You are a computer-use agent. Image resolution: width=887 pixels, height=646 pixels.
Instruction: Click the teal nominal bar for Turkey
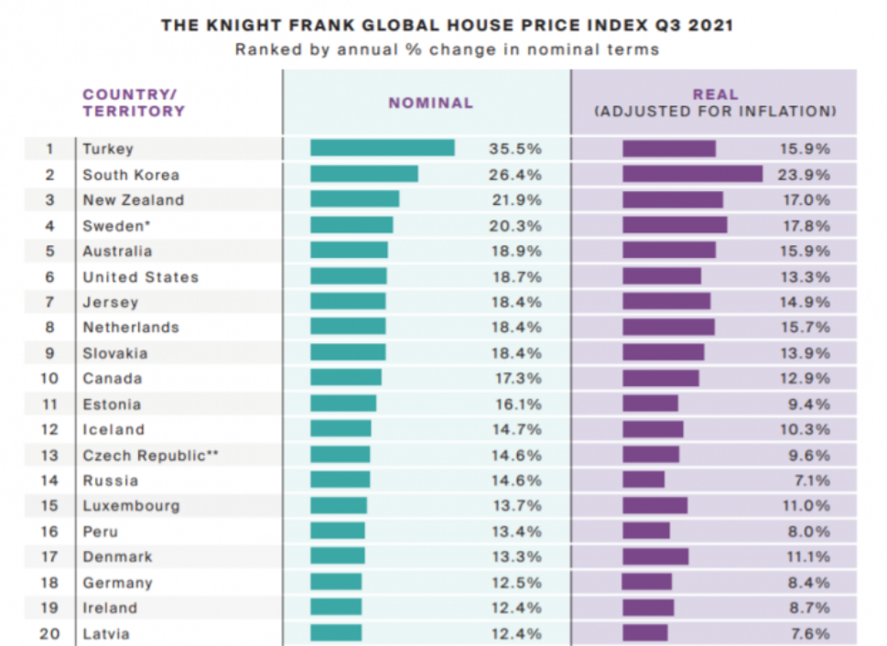point(382,148)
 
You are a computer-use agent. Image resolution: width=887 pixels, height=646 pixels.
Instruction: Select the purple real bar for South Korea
point(692,174)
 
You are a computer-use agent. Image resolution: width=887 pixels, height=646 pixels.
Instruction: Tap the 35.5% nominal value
point(514,148)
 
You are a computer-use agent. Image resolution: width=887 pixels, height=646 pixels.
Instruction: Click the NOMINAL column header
point(430,103)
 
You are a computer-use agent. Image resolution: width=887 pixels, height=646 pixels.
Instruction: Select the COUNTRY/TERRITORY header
point(133,102)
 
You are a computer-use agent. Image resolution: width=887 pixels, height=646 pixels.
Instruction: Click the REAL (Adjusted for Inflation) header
point(715,102)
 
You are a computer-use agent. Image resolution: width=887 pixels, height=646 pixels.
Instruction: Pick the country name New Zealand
point(133,199)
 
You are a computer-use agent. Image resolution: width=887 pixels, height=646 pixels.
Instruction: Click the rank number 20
point(49,633)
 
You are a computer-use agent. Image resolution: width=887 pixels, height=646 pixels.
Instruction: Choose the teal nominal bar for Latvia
point(336,633)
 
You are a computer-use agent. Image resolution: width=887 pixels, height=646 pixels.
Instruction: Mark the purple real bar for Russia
point(644,480)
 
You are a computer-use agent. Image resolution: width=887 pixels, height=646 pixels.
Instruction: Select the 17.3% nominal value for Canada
point(514,378)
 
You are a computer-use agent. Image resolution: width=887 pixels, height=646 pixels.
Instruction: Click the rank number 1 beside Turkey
point(49,148)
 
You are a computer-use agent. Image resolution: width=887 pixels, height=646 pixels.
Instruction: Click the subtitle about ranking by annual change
point(447,49)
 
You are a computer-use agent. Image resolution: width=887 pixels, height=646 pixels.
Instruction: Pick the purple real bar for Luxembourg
point(654,505)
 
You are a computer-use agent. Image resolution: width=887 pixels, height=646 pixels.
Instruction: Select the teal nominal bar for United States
point(348,276)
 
